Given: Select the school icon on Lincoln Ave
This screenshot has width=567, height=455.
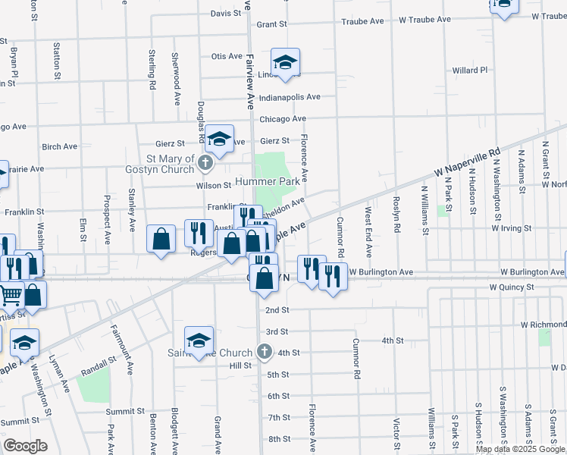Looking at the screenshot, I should tap(286, 64).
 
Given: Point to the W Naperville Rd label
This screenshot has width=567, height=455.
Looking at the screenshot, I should tap(468, 163).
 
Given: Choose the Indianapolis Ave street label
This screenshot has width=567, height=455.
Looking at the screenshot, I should tap(289, 98).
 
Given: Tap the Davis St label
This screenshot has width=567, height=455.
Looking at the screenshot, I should tap(226, 14).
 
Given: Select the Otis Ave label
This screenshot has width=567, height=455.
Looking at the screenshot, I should tap(226, 56).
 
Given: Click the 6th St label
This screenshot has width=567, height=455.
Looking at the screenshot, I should tap(278, 397).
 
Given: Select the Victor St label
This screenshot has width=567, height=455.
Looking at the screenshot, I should tap(396, 433).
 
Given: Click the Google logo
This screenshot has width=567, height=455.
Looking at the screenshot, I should tap(25, 446).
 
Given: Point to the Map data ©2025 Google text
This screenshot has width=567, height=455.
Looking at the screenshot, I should tap(520, 449).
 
